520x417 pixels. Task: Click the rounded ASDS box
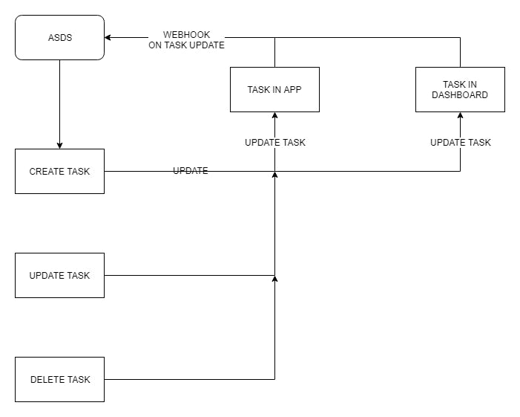coord(59,37)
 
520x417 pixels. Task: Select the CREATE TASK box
coord(59,171)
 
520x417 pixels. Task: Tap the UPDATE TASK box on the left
coord(59,275)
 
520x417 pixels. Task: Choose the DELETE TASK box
coord(59,379)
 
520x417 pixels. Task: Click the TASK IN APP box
coord(274,89)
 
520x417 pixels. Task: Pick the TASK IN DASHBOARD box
coord(460,89)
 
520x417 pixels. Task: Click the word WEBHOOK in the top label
coord(186,35)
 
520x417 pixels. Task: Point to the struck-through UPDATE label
coord(191,171)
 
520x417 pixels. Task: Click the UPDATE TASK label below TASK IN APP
coord(274,142)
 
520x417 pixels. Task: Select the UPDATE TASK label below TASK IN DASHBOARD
coord(460,142)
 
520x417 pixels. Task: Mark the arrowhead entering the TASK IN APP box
coord(274,116)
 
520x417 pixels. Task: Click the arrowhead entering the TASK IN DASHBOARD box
coord(460,116)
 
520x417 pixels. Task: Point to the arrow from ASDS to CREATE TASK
coord(59,104)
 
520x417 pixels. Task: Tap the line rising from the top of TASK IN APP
coord(274,52)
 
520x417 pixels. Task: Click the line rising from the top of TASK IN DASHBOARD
coord(460,52)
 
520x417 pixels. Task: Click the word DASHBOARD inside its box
coord(460,95)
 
